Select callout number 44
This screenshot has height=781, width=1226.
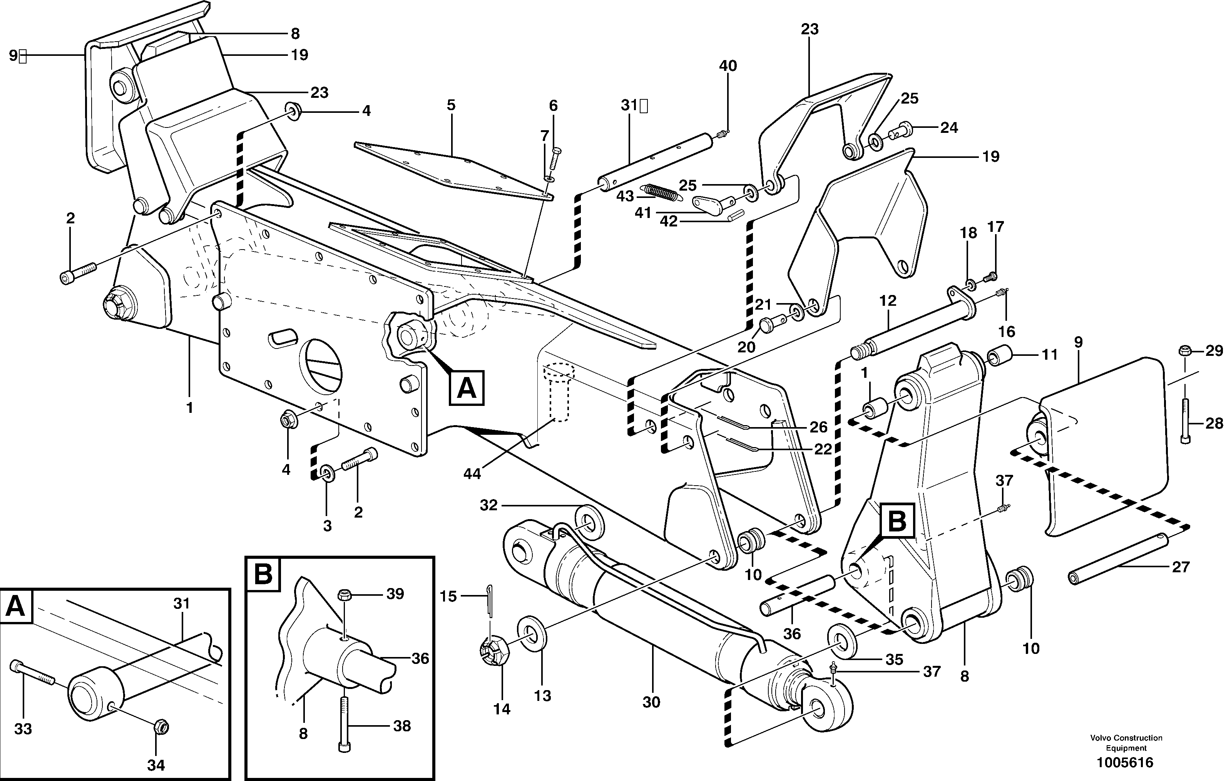pyautogui.click(x=472, y=473)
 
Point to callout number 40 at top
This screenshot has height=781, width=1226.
pyautogui.click(x=728, y=66)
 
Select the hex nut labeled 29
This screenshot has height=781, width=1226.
pyautogui.click(x=1184, y=350)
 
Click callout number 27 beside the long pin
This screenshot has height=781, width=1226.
pyautogui.click(x=1180, y=566)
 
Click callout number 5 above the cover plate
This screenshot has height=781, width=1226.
pyautogui.click(x=451, y=106)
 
